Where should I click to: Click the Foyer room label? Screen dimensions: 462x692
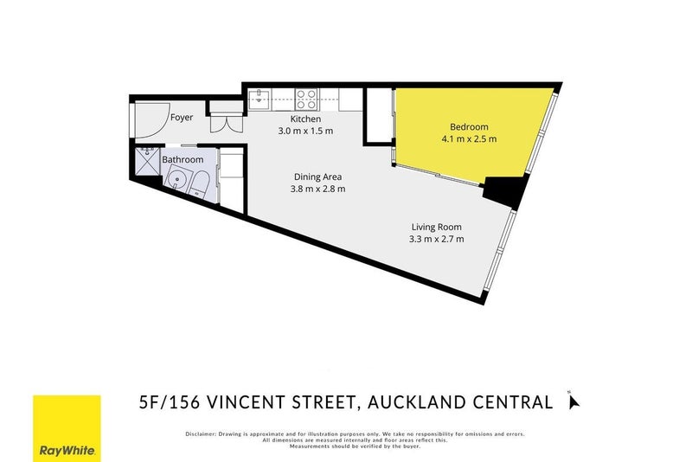click(x=181, y=117)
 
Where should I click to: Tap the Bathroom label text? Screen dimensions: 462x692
click(x=183, y=160)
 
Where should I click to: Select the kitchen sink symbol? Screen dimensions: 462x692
click(x=261, y=99)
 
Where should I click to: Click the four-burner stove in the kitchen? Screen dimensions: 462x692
click(x=306, y=99)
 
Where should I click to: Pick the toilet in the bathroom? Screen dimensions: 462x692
click(x=199, y=183)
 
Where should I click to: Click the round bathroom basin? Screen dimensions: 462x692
click(x=176, y=182)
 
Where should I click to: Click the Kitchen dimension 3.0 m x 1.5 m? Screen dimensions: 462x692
click(x=305, y=132)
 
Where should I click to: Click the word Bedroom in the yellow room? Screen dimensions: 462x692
click(x=468, y=125)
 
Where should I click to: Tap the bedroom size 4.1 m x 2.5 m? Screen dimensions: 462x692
click(x=468, y=138)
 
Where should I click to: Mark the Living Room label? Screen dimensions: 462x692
click(x=437, y=227)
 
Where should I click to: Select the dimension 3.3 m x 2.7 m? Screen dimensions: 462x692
click(x=437, y=239)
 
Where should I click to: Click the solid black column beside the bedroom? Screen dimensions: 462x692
click(x=505, y=189)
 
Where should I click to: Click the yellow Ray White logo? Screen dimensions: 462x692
click(x=67, y=428)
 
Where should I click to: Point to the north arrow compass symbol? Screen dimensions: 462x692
click(x=573, y=401)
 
